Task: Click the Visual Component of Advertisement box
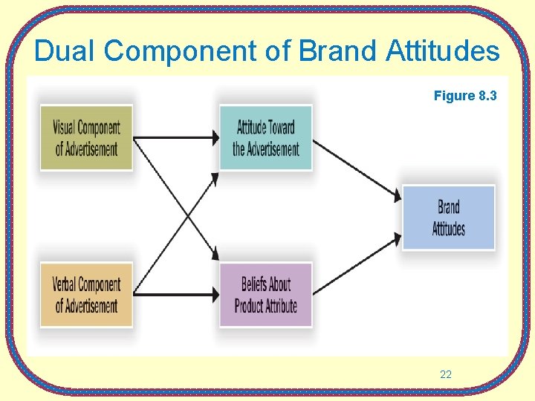(86, 138)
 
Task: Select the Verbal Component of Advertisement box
(86, 295)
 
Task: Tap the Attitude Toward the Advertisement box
(266, 138)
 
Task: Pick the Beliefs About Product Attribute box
(266, 295)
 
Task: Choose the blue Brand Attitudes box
(449, 217)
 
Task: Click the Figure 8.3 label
(465, 96)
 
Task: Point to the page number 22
(446, 375)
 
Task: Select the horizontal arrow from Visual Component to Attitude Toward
(175, 137)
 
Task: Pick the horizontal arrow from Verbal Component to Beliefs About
(175, 295)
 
